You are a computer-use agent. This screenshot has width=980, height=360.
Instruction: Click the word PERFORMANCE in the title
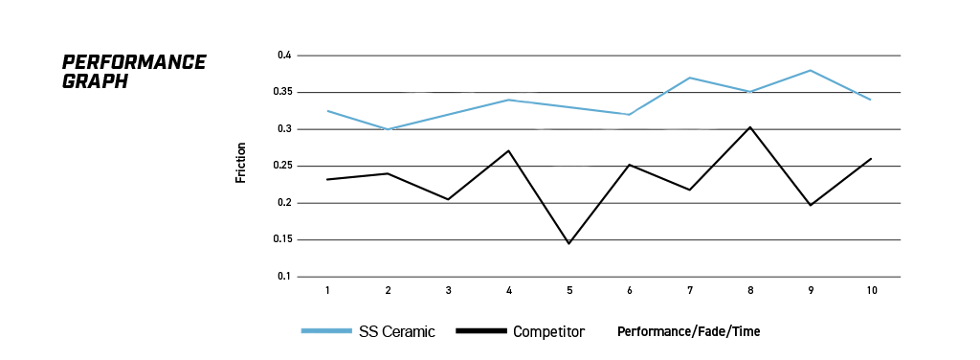click(x=134, y=62)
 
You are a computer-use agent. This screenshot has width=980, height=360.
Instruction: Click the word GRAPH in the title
click(x=95, y=81)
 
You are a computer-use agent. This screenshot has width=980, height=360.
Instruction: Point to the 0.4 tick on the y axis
click(x=285, y=56)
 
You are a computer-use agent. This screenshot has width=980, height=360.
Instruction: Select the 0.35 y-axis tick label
click(x=282, y=93)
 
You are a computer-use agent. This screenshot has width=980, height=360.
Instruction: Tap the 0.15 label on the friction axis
click(x=282, y=240)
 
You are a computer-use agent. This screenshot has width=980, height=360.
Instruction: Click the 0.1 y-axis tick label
click(x=285, y=277)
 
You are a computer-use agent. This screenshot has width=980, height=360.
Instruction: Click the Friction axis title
click(x=240, y=163)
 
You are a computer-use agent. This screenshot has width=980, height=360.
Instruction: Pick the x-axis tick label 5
click(x=569, y=291)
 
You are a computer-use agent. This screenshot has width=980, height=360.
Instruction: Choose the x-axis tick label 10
click(x=872, y=291)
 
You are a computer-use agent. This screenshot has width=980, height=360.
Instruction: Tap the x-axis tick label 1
click(x=327, y=291)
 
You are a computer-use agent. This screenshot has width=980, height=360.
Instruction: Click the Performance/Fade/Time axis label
click(x=689, y=332)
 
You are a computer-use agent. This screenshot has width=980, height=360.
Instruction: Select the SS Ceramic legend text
click(x=397, y=332)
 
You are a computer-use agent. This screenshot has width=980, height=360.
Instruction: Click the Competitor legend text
click(x=548, y=332)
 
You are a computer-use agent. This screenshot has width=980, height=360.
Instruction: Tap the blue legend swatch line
click(x=326, y=330)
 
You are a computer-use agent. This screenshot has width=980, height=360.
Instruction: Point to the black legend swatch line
click(x=481, y=330)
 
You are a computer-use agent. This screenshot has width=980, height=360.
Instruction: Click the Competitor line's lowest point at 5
click(x=568, y=243)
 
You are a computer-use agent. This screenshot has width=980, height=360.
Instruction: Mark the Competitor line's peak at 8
click(x=750, y=127)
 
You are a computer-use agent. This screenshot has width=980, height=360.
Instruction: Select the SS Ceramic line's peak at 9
click(x=811, y=70)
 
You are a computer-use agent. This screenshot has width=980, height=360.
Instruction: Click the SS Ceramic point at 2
click(x=389, y=129)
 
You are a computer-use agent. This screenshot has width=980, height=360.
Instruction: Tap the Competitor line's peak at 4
click(x=509, y=150)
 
